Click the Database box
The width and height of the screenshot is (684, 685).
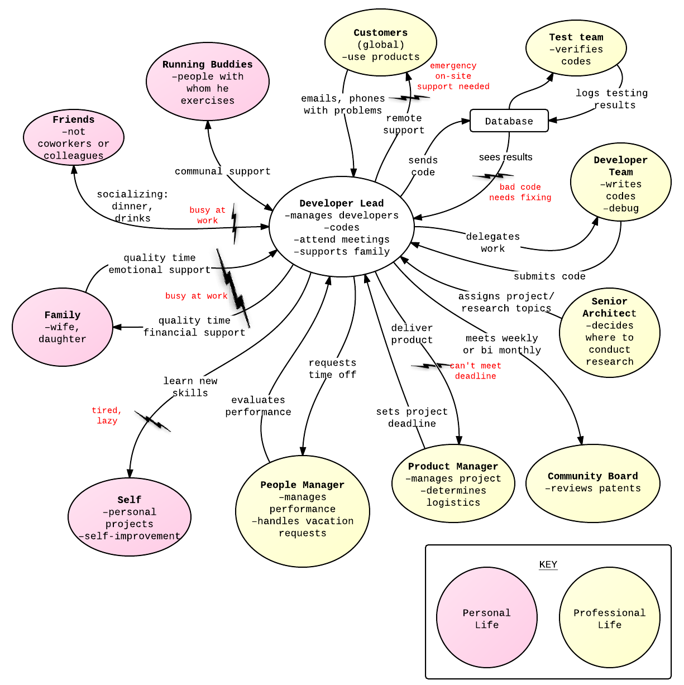[509, 121]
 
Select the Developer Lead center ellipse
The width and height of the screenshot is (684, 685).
[341, 227]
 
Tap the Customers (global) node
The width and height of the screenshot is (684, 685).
[380, 43]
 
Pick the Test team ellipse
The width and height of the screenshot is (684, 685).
[576, 49]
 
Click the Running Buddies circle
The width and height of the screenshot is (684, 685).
[207, 82]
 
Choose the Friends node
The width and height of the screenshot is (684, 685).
[73, 137]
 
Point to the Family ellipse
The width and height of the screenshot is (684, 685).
[62, 327]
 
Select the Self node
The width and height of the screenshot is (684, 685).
[129, 517]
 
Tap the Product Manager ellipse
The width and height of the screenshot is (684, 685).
[453, 483]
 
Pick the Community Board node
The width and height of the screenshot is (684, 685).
[592, 483]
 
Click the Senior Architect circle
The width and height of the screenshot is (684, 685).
[609, 333]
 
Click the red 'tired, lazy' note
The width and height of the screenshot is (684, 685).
[107, 416]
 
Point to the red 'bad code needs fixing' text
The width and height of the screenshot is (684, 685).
[520, 192]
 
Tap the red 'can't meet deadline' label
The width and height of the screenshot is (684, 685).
[475, 371]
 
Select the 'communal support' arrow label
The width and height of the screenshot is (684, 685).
[222, 171]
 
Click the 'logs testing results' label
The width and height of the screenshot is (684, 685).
[613, 99]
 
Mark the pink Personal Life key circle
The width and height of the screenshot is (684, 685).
[486, 617]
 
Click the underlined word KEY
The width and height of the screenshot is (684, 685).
[548, 564]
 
